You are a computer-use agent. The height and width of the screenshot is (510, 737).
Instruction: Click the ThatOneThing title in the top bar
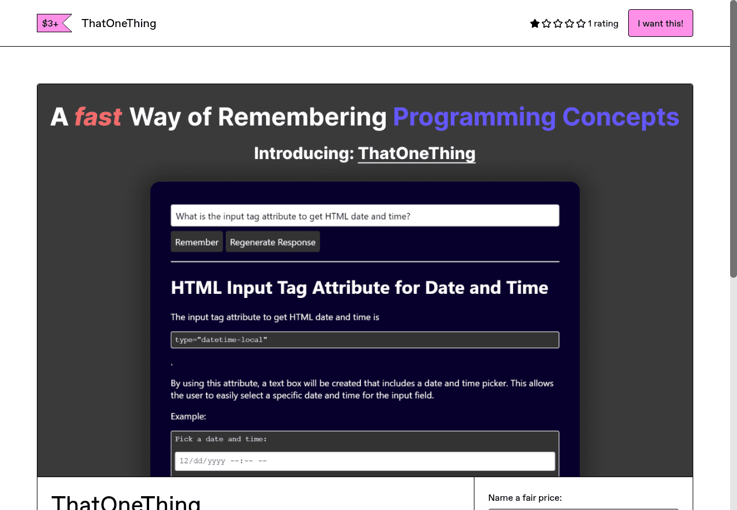click(x=119, y=23)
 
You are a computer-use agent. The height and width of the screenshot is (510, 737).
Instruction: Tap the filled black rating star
click(x=535, y=24)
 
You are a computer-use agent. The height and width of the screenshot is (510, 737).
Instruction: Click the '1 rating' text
click(x=603, y=24)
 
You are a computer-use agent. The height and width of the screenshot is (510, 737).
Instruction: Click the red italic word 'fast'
click(x=98, y=117)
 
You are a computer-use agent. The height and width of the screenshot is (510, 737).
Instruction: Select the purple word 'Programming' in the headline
click(x=474, y=117)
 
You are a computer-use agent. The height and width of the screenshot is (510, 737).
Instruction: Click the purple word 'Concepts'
click(x=621, y=117)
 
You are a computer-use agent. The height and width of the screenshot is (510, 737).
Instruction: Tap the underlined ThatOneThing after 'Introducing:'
click(x=416, y=153)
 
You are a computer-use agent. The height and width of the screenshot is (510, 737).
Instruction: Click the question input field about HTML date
click(x=364, y=216)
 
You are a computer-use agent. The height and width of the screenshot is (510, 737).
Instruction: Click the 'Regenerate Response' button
click(x=272, y=242)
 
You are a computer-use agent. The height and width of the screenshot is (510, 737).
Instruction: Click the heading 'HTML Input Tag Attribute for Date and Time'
click(x=359, y=288)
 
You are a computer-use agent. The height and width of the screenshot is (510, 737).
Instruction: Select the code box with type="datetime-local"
click(x=364, y=340)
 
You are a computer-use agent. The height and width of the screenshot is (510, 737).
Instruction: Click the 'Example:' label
click(x=188, y=416)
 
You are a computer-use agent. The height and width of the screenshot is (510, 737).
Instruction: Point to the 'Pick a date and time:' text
click(x=221, y=439)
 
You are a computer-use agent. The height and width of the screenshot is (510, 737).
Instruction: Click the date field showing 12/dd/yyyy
click(x=364, y=461)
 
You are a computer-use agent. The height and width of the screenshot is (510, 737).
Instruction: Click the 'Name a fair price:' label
click(x=525, y=497)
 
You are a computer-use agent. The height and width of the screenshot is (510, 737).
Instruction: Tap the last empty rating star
click(x=581, y=24)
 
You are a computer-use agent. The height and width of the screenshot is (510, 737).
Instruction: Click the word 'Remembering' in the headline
click(x=302, y=117)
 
